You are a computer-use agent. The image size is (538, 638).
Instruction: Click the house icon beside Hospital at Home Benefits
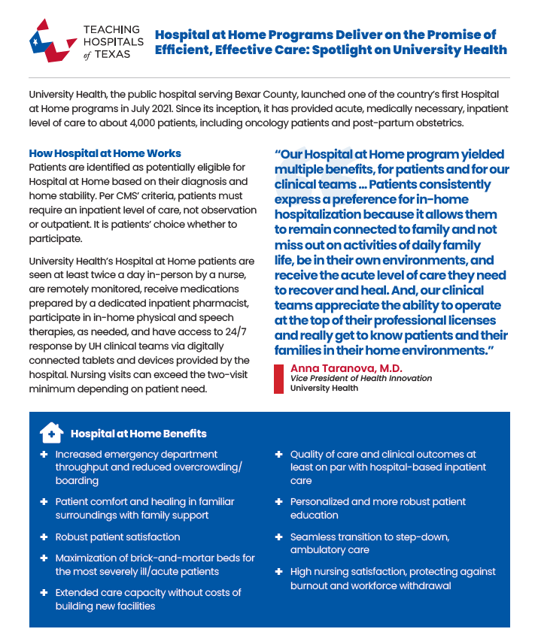point(50,433)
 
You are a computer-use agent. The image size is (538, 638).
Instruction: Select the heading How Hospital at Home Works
point(105,153)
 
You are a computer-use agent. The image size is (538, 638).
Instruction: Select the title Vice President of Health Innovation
point(361,379)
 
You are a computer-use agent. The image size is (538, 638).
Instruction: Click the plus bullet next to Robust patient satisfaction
point(43,537)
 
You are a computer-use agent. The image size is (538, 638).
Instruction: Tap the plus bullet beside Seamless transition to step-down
point(278,537)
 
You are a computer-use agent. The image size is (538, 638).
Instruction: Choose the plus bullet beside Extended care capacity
point(43,593)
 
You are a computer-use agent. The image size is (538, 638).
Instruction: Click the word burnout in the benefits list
point(310,585)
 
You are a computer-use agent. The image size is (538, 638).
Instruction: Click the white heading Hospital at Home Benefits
point(138,434)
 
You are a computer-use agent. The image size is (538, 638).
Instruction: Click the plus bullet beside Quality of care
point(278,455)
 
